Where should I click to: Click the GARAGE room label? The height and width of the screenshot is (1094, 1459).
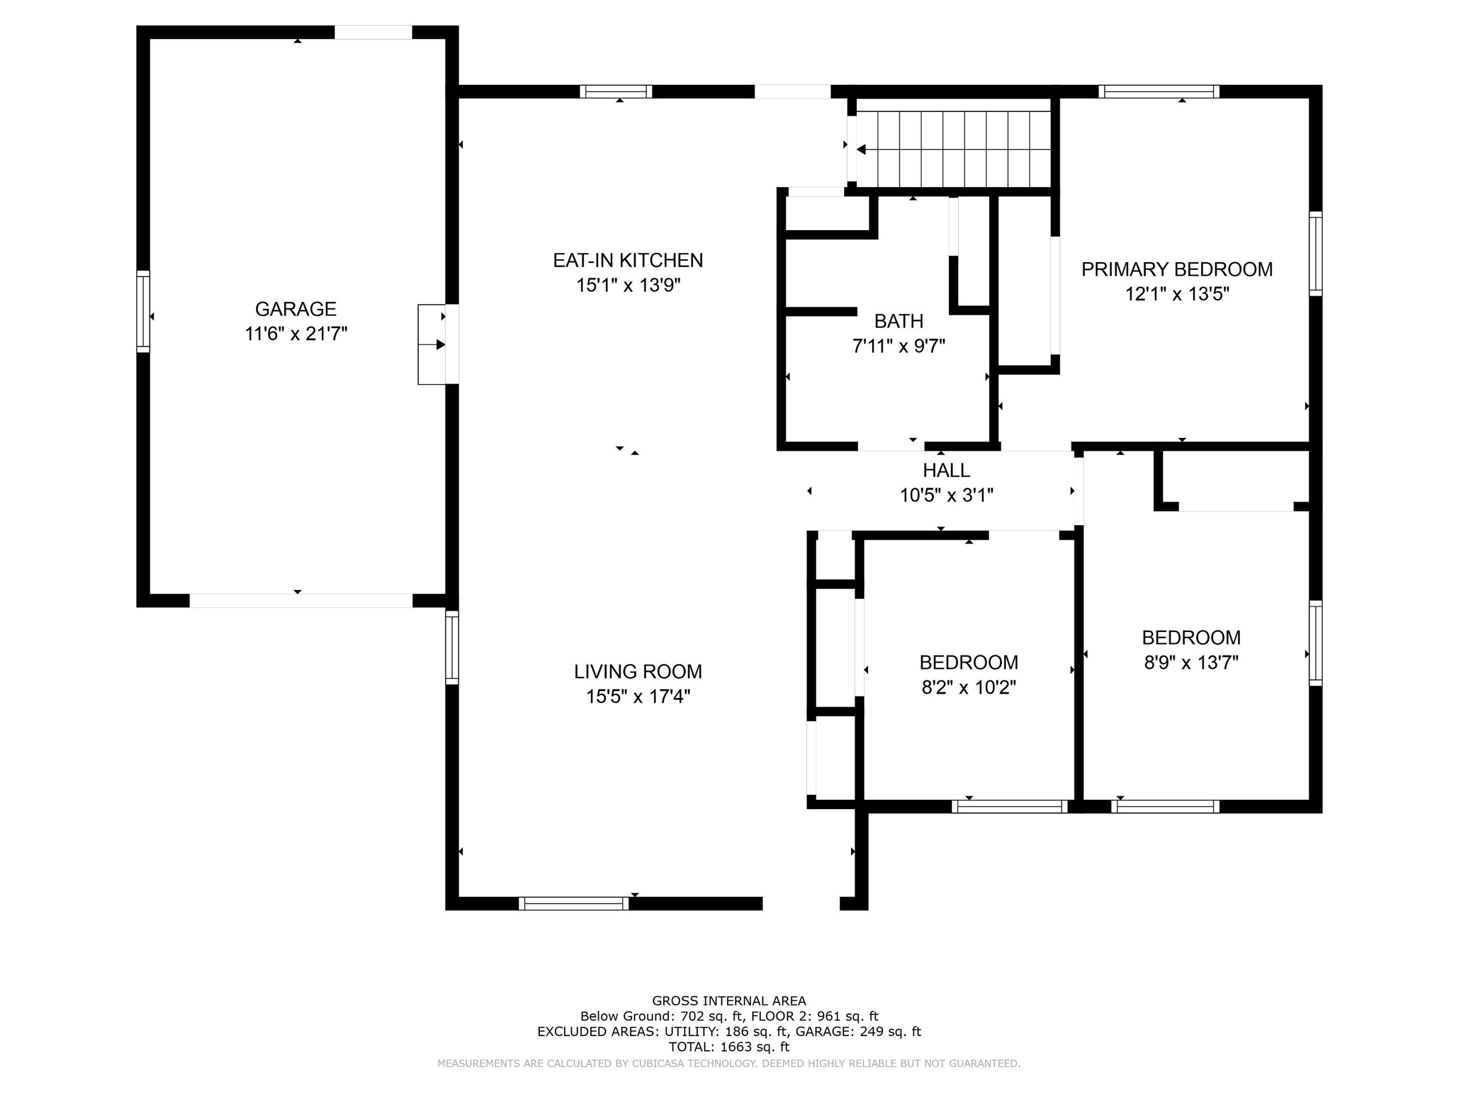(296, 309)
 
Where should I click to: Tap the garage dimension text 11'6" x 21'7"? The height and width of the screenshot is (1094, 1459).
(296, 334)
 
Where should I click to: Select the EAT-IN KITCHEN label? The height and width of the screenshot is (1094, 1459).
(628, 261)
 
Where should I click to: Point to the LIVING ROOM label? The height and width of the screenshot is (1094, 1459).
(638, 671)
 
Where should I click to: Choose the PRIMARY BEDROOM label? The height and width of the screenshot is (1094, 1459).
(1177, 269)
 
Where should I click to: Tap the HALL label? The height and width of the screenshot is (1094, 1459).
(946, 470)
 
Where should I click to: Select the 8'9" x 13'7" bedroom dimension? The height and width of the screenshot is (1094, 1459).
(1191, 662)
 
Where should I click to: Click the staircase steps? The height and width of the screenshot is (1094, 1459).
(954, 150)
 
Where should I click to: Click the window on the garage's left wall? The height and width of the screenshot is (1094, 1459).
(143, 311)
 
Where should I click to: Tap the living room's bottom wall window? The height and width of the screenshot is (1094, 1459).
(574, 903)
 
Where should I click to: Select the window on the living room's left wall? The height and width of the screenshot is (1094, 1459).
(452, 647)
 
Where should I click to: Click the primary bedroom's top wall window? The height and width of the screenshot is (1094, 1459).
(1159, 92)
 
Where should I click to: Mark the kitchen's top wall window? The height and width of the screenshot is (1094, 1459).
(616, 92)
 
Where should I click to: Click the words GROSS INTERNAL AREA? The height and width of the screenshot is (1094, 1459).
(729, 1001)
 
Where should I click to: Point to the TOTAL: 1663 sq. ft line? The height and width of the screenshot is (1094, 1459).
(729, 1046)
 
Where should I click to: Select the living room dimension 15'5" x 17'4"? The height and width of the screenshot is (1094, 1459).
(638, 696)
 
